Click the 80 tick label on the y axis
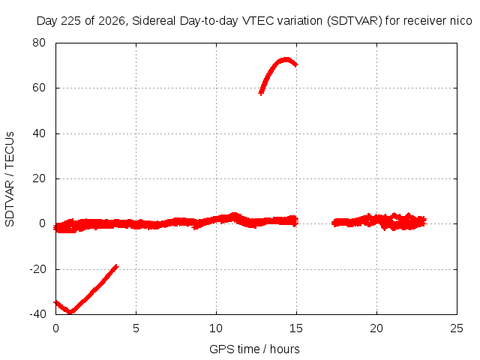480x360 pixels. click(x=39, y=43)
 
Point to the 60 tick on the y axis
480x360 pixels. click(x=39, y=88)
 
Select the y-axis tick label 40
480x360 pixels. click(x=39, y=133)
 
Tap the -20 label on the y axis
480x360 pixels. click(x=37, y=269)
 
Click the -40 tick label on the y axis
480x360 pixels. click(x=37, y=314)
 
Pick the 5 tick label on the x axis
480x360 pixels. click(x=136, y=328)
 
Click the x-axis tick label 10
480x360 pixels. click(x=216, y=328)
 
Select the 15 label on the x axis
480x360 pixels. click(x=296, y=328)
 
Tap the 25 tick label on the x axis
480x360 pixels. click(x=457, y=328)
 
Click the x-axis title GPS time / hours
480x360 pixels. click(x=254, y=349)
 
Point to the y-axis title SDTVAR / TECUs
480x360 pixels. click(x=10, y=179)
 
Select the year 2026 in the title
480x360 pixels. click(x=112, y=21)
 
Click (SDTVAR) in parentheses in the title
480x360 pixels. click(x=355, y=21)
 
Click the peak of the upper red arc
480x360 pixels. click(x=286, y=59)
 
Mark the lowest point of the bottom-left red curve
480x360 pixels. click(x=70, y=312)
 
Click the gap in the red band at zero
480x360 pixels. click(x=315, y=222)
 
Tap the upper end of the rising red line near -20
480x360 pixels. click(x=117, y=265)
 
